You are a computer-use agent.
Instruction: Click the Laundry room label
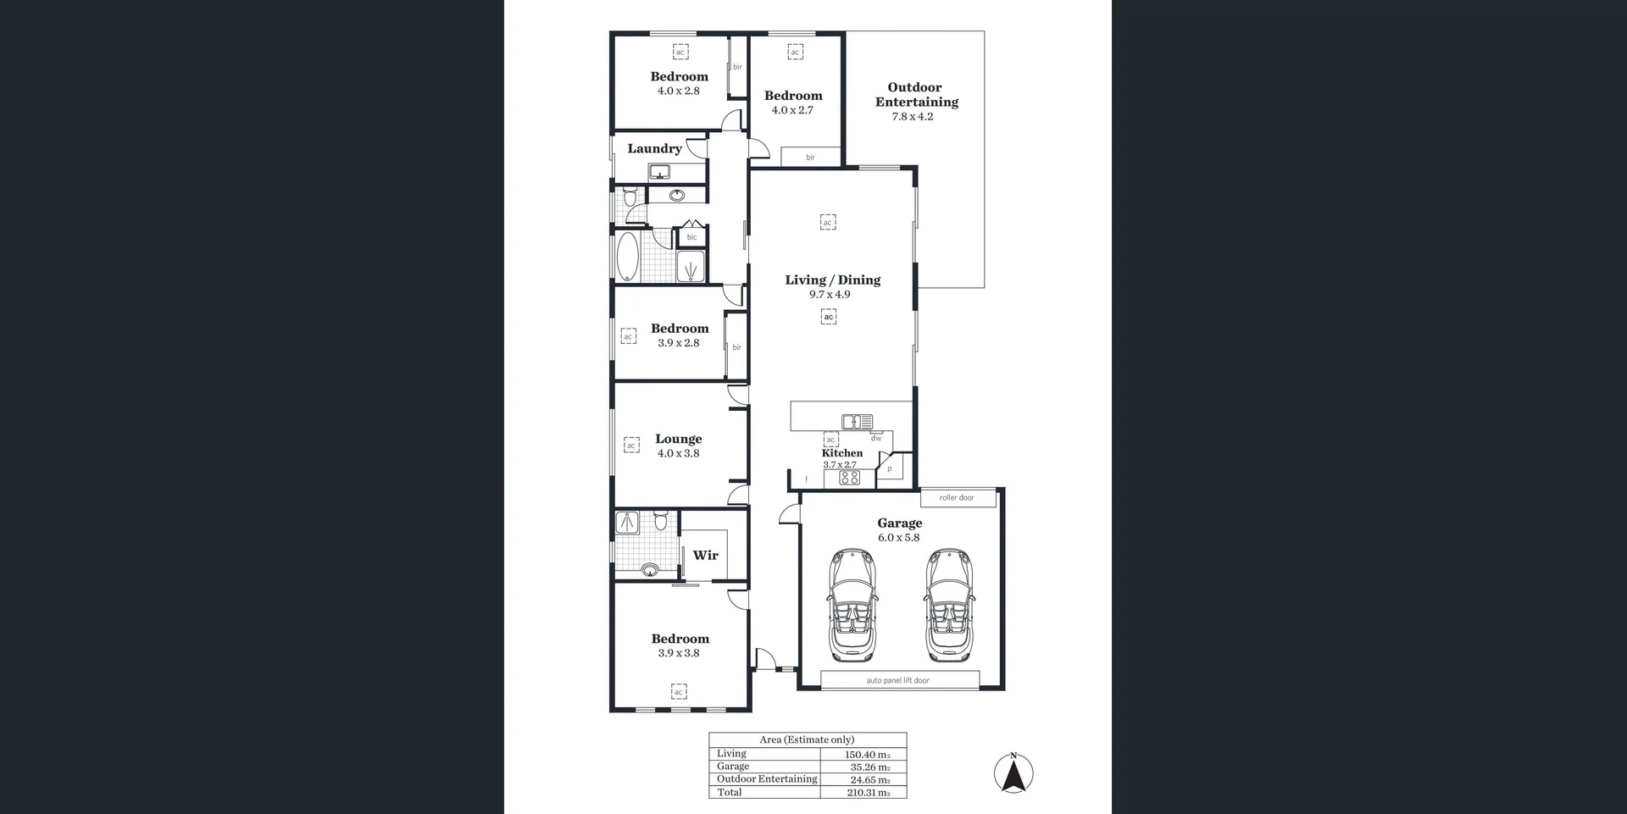tap(654, 148)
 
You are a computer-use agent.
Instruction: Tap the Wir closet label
tap(705, 555)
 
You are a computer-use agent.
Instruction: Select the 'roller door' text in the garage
tap(957, 498)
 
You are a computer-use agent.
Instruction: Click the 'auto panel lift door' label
tap(897, 680)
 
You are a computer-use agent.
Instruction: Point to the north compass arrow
tap(1013, 773)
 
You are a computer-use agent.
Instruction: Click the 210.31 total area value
tap(868, 793)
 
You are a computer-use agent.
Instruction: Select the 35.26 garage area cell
tap(869, 767)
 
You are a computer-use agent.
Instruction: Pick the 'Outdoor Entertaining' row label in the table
tap(767, 779)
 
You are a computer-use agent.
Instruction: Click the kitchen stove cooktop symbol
tap(849, 479)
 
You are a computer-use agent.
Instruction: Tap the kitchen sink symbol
tap(857, 421)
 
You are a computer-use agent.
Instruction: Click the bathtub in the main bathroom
tap(627, 257)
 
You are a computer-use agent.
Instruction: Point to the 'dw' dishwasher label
tap(875, 438)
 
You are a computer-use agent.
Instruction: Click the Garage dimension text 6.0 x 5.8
tap(898, 538)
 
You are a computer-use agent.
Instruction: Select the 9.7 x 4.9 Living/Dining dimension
tap(829, 295)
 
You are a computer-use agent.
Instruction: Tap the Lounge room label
tap(678, 439)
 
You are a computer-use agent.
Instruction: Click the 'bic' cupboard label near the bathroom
tap(691, 237)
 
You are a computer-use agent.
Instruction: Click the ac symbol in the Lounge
tap(631, 446)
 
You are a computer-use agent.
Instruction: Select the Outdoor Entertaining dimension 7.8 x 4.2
tap(912, 117)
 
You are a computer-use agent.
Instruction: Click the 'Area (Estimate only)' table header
tap(807, 739)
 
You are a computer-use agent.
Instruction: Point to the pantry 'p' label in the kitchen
tap(889, 468)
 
